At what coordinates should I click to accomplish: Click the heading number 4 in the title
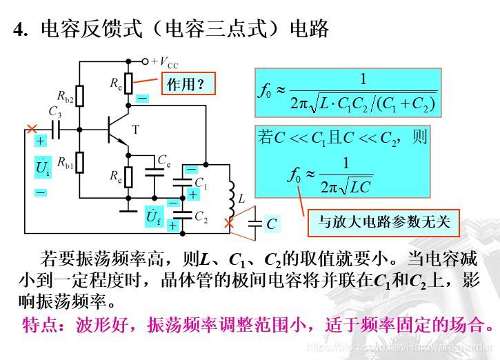[x=19, y=30]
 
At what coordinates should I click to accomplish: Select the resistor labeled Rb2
[x=80, y=96]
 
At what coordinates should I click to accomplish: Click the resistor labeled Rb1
[x=80, y=162]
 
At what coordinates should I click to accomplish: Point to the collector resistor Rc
[x=128, y=83]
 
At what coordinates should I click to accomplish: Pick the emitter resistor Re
[x=128, y=177]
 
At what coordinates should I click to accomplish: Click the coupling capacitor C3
[x=56, y=128]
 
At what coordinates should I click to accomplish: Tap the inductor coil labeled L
[x=231, y=194]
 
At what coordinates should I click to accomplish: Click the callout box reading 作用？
[x=188, y=84]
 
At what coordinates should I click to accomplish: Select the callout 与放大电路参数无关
[x=383, y=221]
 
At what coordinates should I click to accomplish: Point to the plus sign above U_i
[x=41, y=141]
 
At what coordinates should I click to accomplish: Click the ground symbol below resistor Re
[x=128, y=203]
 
